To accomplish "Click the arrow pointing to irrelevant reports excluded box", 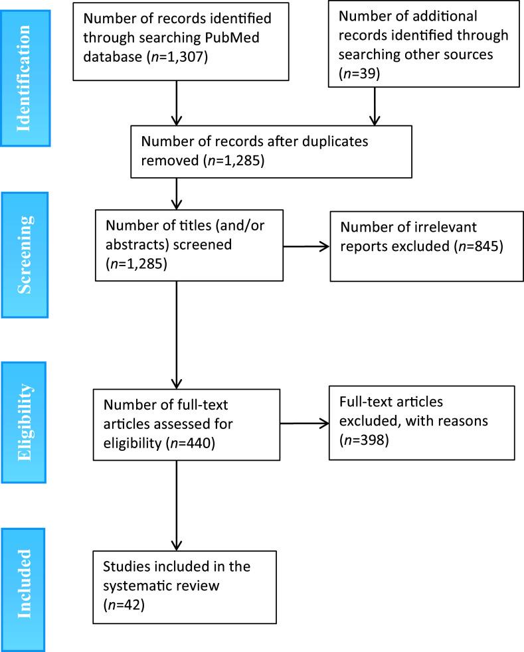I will (305, 247).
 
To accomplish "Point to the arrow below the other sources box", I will (375, 106).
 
